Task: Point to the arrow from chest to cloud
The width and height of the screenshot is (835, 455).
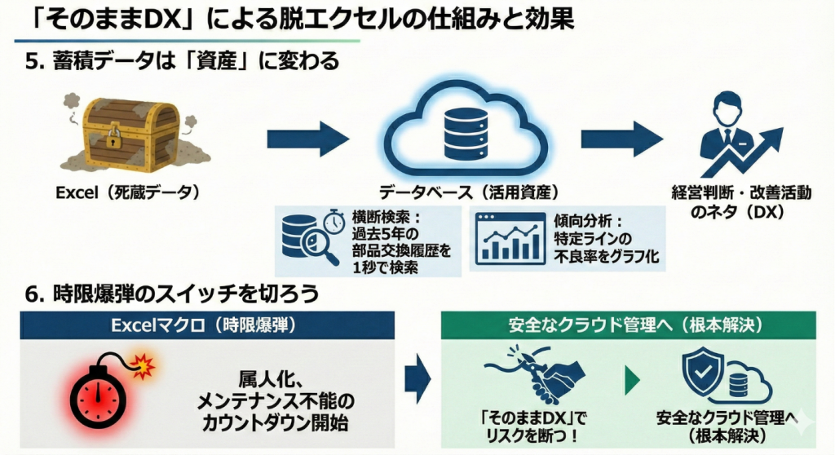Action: click(307, 136)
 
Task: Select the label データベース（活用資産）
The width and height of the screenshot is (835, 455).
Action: click(468, 193)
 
